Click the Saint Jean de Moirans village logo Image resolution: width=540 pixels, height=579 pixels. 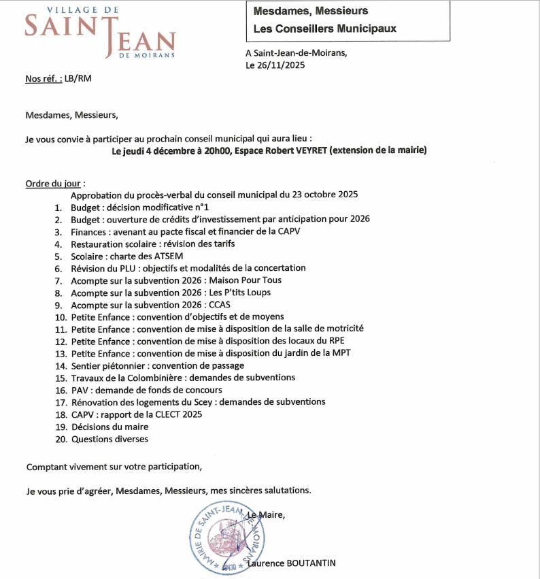point(99,33)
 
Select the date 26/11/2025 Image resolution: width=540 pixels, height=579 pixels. point(281,65)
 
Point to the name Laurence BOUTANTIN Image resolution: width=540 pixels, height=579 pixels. point(292,563)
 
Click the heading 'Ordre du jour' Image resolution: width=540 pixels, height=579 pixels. point(53,184)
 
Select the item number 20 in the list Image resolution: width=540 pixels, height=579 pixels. point(61,439)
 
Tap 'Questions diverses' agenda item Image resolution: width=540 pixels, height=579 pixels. point(109,439)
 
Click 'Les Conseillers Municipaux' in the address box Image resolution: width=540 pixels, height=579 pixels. point(324,29)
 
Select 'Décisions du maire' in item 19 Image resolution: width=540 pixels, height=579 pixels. point(109,427)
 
